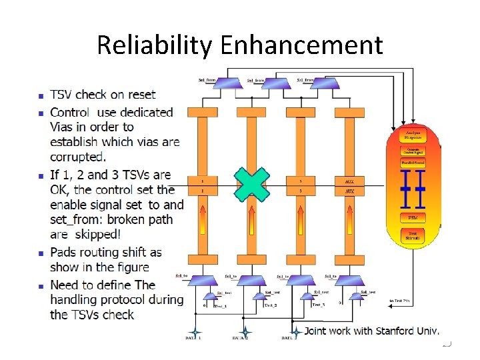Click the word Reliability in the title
point(153,45)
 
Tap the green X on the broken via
point(251,185)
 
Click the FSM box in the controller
point(413,218)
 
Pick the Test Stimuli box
point(413,235)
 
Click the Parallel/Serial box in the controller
point(413,163)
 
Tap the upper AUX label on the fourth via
point(349,181)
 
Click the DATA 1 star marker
point(195,331)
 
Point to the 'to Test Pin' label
point(400,301)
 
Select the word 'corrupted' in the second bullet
point(77,157)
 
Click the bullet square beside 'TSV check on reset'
point(41,95)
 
